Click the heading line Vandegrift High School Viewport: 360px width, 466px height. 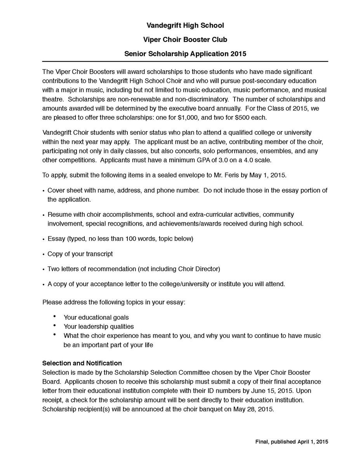185,26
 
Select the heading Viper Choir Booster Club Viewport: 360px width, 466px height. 185,40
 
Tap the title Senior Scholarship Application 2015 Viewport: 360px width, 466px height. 185,54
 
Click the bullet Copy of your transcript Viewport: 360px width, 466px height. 80,254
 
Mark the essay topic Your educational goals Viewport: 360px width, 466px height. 96,317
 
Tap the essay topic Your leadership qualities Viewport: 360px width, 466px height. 99,326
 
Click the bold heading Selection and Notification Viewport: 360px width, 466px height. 82,363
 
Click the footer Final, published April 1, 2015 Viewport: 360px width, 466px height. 292,442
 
